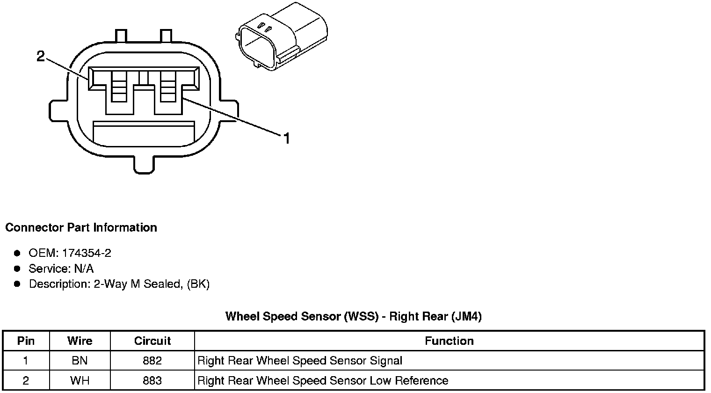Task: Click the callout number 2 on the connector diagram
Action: coord(41,57)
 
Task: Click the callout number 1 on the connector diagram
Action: coord(287,138)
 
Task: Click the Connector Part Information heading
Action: coord(81,228)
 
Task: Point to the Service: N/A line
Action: coord(61,269)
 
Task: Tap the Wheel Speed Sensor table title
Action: coord(353,317)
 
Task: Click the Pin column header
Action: coord(26,341)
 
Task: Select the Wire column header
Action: coord(80,341)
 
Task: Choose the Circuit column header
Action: coord(152,341)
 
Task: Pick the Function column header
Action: coord(449,341)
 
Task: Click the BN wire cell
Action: coord(80,361)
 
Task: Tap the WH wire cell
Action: coord(80,381)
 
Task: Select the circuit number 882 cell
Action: coord(152,361)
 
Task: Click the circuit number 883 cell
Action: coord(152,381)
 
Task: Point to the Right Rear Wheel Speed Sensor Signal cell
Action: coord(300,361)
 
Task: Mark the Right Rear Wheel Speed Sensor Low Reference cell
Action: coord(323,381)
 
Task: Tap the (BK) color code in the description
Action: coord(198,284)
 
